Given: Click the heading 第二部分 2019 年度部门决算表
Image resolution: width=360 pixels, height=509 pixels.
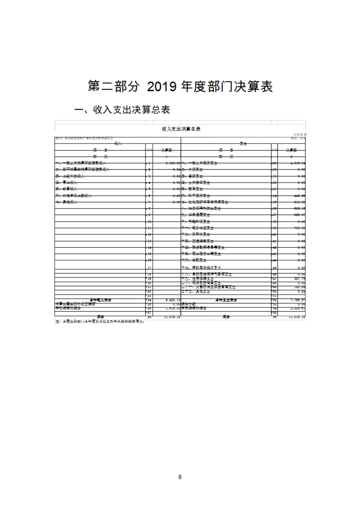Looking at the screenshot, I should (180, 86).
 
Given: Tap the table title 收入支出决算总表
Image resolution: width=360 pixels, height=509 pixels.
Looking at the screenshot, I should (180, 129).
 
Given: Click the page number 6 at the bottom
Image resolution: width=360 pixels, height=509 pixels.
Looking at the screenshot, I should (180, 477).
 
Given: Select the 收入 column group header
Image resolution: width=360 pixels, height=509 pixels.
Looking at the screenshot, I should (118, 143).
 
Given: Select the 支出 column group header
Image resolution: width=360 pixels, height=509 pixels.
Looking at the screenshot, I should (243, 143).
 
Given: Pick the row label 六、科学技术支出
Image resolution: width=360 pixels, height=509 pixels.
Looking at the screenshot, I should (198, 196).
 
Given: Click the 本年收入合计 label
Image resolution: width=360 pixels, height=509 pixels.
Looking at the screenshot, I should (100, 299).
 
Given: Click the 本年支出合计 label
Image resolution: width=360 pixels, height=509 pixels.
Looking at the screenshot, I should (226, 299).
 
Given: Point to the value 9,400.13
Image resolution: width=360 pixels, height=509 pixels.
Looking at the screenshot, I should (172, 299).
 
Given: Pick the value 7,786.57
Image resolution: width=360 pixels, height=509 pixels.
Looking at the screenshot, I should (297, 299).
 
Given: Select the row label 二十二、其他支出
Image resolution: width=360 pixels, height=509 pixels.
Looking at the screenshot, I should (198, 291).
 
